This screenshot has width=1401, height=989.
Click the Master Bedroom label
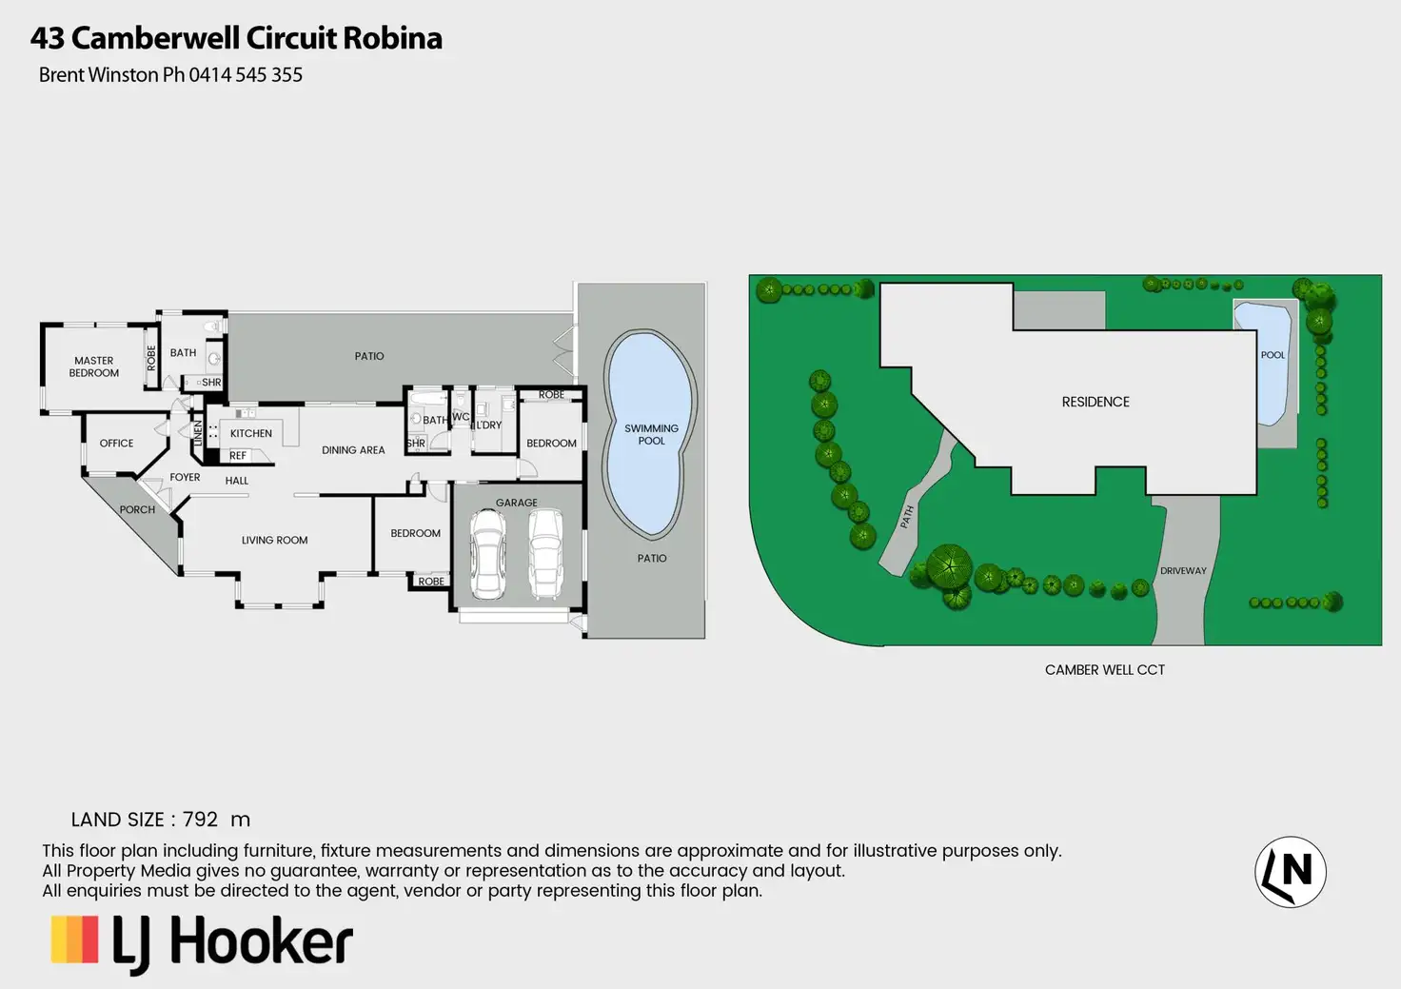point(94,366)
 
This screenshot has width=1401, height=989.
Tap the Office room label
point(116,444)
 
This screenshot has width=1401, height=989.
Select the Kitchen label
point(251,434)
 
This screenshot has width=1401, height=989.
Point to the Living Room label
point(274,541)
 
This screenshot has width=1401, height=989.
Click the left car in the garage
point(488,554)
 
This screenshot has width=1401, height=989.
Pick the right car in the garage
point(545,554)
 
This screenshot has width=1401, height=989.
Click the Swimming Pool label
point(651,435)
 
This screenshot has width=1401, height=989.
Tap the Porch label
point(137,510)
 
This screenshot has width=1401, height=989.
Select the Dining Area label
point(353,450)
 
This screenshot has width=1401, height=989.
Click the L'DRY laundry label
point(489,425)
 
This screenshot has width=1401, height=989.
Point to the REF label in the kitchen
point(238,456)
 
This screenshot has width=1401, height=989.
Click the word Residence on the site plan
point(1095,403)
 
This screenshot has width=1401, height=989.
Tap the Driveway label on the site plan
point(1183,571)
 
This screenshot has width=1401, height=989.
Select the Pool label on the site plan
point(1273,355)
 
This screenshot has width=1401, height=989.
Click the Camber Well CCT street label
point(1104,670)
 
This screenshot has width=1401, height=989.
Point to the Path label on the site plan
point(907,517)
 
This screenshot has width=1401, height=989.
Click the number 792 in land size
point(200,820)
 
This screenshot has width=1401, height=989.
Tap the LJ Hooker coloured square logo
point(74,940)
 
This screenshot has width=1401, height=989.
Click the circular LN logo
point(1290,872)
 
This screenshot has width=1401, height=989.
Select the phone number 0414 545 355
point(246,75)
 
